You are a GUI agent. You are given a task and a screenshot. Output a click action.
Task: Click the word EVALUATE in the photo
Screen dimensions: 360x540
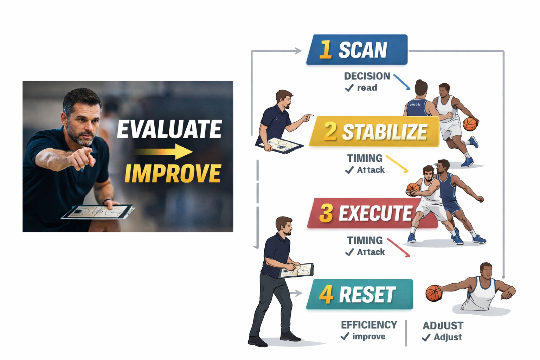(x=169, y=129)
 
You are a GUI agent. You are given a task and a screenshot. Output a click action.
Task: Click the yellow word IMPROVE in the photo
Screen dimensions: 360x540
(x=173, y=173)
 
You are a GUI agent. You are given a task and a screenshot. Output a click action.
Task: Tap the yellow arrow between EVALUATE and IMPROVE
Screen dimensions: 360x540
(x=164, y=152)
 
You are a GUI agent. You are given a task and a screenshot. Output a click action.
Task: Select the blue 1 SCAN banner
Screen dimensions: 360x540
(x=357, y=50)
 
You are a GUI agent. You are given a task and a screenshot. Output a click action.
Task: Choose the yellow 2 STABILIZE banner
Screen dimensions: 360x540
(x=375, y=131)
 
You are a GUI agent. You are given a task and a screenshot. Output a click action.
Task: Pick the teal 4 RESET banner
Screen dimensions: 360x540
(x=359, y=294)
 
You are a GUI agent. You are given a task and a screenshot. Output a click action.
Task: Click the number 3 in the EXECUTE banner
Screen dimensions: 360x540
(x=326, y=213)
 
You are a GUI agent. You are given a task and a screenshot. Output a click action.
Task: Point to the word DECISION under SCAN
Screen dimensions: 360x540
(x=367, y=76)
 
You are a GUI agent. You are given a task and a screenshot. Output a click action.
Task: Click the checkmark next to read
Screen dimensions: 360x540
(x=349, y=88)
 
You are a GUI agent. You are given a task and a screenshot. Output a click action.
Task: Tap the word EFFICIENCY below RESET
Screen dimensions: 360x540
(x=369, y=325)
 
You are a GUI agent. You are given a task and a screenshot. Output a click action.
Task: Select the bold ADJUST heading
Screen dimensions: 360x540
(x=443, y=326)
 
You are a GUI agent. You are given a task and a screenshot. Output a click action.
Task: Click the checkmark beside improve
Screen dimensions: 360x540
(x=345, y=337)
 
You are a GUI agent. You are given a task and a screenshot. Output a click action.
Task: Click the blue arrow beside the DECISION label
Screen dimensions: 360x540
(x=402, y=82)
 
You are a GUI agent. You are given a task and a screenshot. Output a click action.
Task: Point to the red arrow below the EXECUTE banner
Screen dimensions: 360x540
(x=399, y=247)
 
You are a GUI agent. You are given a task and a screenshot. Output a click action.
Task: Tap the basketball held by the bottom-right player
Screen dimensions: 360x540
(x=434, y=293)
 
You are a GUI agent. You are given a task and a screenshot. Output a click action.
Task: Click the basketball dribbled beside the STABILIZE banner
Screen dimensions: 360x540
(x=470, y=124)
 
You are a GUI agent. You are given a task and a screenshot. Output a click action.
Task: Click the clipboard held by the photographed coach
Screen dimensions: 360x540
(x=98, y=212)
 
